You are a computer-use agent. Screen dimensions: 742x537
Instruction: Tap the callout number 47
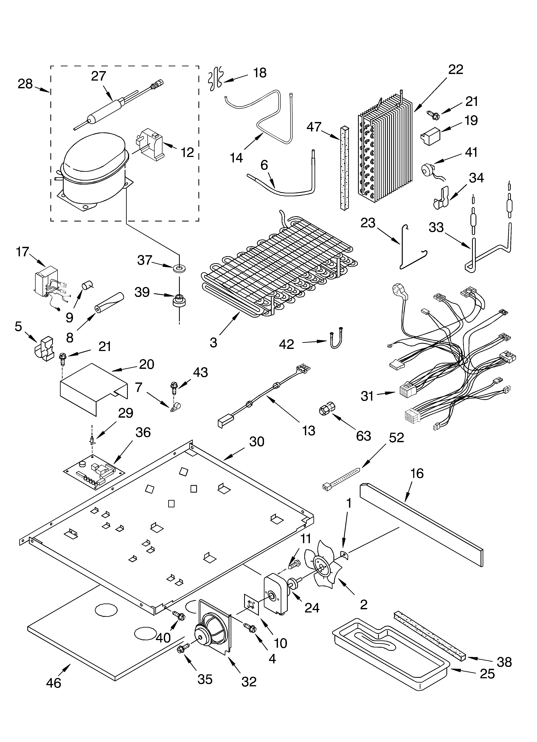(x=314, y=127)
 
